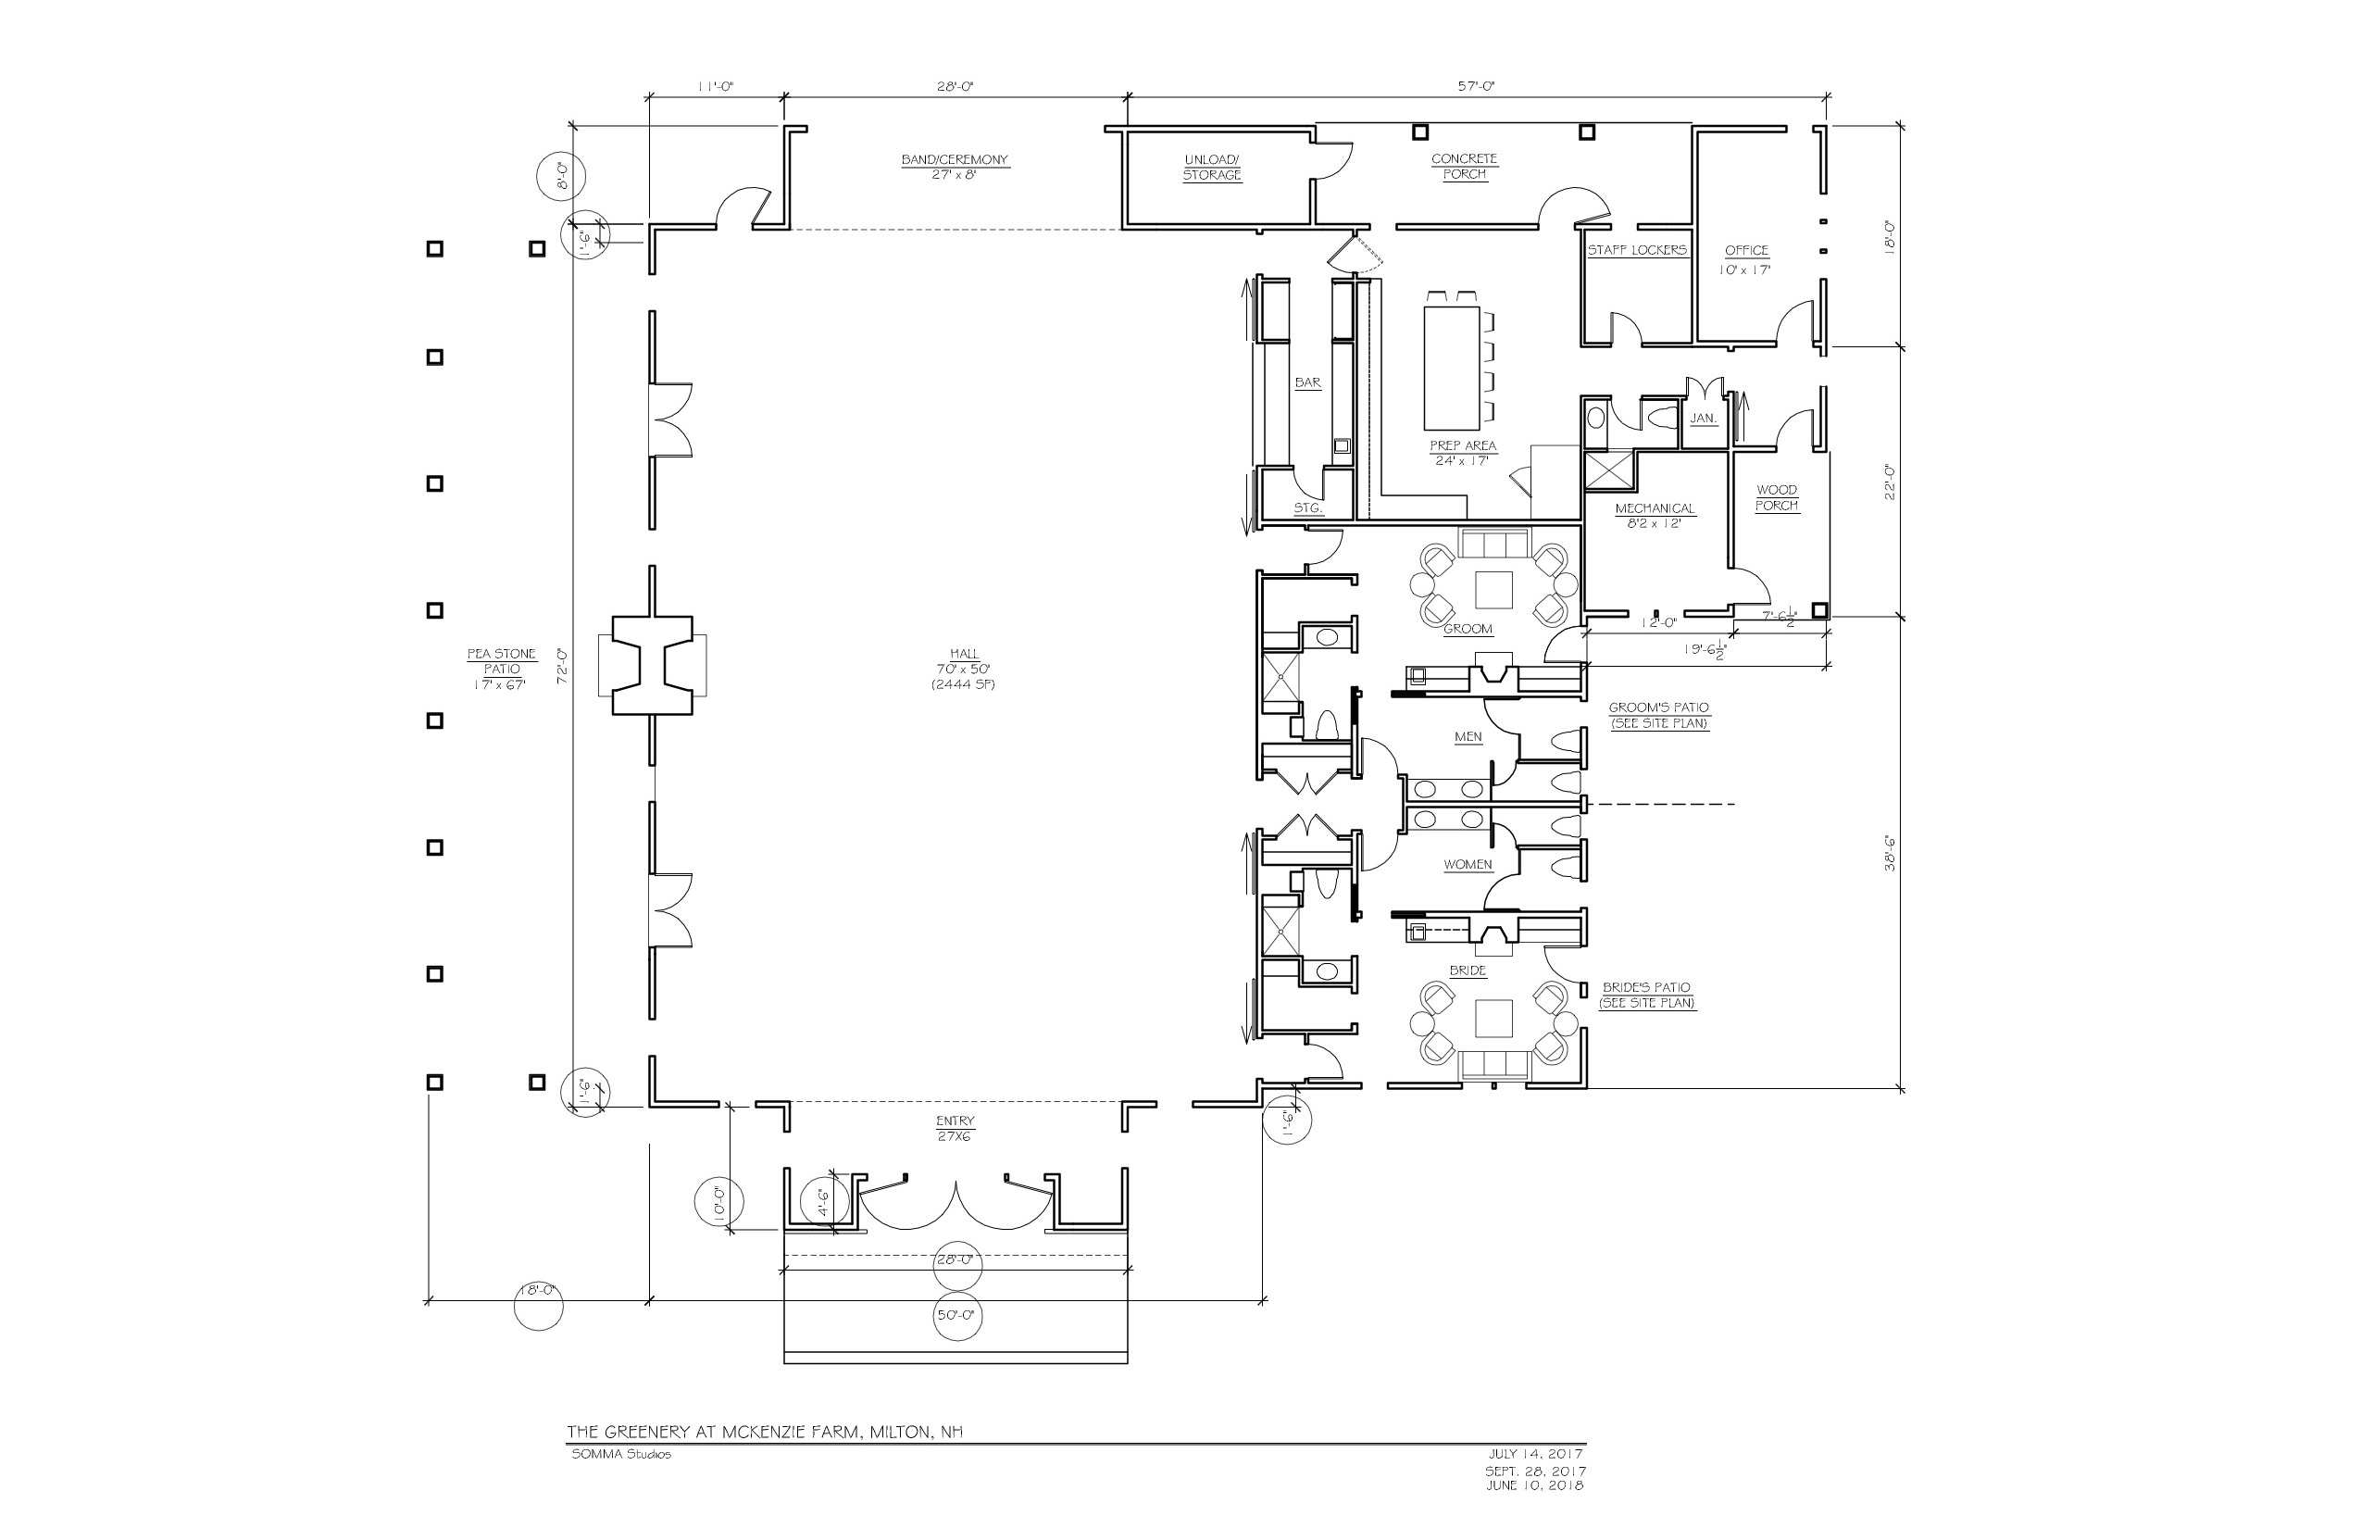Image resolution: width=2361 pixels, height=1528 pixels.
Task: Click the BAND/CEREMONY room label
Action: point(955,159)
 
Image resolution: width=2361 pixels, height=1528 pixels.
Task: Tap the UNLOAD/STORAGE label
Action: point(1211,168)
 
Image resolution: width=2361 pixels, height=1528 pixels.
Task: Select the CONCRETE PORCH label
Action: point(1464,167)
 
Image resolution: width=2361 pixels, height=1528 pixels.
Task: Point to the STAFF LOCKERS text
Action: point(1637,250)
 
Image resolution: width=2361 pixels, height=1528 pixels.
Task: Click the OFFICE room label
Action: point(1747,251)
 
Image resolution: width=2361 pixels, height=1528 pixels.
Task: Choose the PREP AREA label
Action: point(1463,446)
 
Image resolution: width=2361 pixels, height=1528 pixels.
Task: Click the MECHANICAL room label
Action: point(1655,509)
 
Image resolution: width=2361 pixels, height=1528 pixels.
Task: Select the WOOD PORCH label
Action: point(1777,497)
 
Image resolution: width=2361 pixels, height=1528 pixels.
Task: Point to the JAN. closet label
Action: point(1704,419)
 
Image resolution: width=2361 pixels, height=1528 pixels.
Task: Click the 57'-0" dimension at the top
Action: point(1476,86)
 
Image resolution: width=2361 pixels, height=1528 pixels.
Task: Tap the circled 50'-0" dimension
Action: point(956,1316)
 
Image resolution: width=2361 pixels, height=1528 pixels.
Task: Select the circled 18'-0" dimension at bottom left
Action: point(539,1291)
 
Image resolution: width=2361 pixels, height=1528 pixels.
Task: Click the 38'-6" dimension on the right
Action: point(1890,853)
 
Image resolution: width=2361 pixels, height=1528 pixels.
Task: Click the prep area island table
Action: point(1452,367)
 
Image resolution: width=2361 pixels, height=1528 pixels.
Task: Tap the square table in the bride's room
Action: point(1494,1019)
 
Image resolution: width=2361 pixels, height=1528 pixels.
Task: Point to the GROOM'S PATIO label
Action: point(1658,708)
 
